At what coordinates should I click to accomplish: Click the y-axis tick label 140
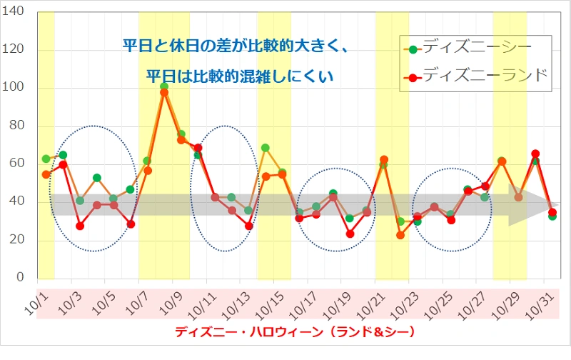tap(16, 12)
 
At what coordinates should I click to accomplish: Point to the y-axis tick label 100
tap(16, 89)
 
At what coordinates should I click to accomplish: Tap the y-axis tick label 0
tap(21, 278)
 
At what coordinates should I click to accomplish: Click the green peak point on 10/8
tap(164, 87)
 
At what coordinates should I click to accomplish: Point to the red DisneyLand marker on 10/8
tap(164, 93)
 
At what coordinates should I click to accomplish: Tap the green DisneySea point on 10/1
tap(46, 159)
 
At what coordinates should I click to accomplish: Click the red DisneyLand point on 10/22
tap(400, 235)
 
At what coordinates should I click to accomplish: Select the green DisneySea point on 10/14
tap(266, 148)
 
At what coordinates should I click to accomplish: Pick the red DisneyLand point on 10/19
tap(350, 234)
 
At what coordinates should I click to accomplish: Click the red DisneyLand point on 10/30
tap(535, 154)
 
